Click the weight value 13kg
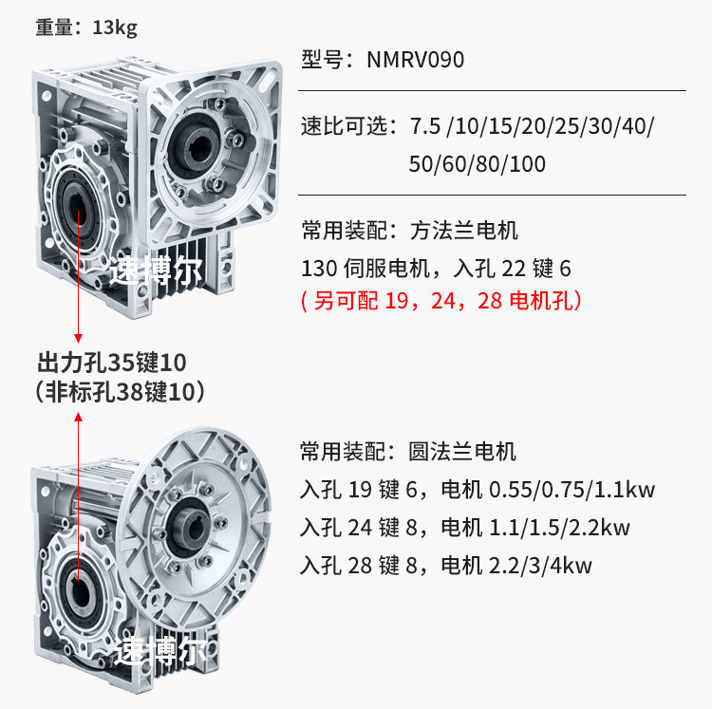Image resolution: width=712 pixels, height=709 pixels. pyautogui.click(x=115, y=27)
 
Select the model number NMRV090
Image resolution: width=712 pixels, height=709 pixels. pyautogui.click(x=416, y=60)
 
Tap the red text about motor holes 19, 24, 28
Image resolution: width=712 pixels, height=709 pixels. pyautogui.click(x=440, y=301)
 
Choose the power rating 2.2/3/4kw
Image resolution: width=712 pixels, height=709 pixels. pyautogui.click(x=540, y=566)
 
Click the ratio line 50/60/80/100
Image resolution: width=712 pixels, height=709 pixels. pyautogui.click(x=478, y=163)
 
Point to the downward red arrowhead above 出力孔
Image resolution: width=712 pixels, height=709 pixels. pyautogui.click(x=79, y=338)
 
